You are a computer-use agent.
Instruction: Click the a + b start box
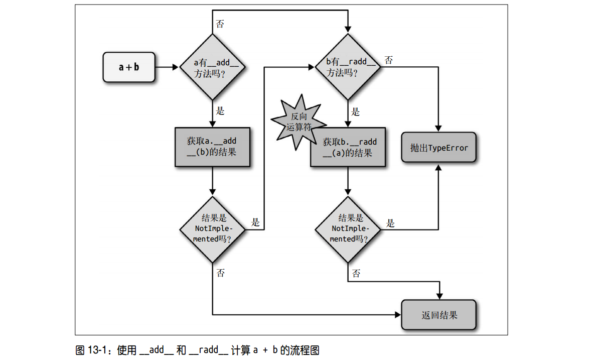tap(128, 66)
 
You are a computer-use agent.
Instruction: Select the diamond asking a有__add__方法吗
tap(212, 67)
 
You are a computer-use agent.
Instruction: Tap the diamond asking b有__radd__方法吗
tap(348, 66)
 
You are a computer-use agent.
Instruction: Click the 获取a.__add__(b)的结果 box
tap(212, 146)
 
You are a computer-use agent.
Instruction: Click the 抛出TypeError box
tap(438, 148)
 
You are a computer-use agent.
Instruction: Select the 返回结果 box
tap(439, 315)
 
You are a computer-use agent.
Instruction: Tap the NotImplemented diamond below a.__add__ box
tap(212, 228)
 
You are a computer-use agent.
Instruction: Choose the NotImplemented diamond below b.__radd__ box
tap(348, 228)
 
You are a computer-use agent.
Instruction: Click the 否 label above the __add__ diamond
tap(220, 24)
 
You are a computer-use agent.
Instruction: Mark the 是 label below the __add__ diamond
tap(220, 111)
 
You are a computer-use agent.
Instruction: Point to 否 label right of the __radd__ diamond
tap(389, 60)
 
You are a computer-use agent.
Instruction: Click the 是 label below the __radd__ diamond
tap(356, 111)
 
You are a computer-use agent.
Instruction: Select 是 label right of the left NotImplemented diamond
tap(255, 222)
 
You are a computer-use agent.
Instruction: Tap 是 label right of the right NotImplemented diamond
tap(390, 223)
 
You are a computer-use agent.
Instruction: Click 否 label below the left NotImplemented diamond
tap(220, 273)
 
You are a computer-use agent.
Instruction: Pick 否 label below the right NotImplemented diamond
tap(356, 274)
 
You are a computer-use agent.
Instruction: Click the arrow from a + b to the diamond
tap(167, 67)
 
